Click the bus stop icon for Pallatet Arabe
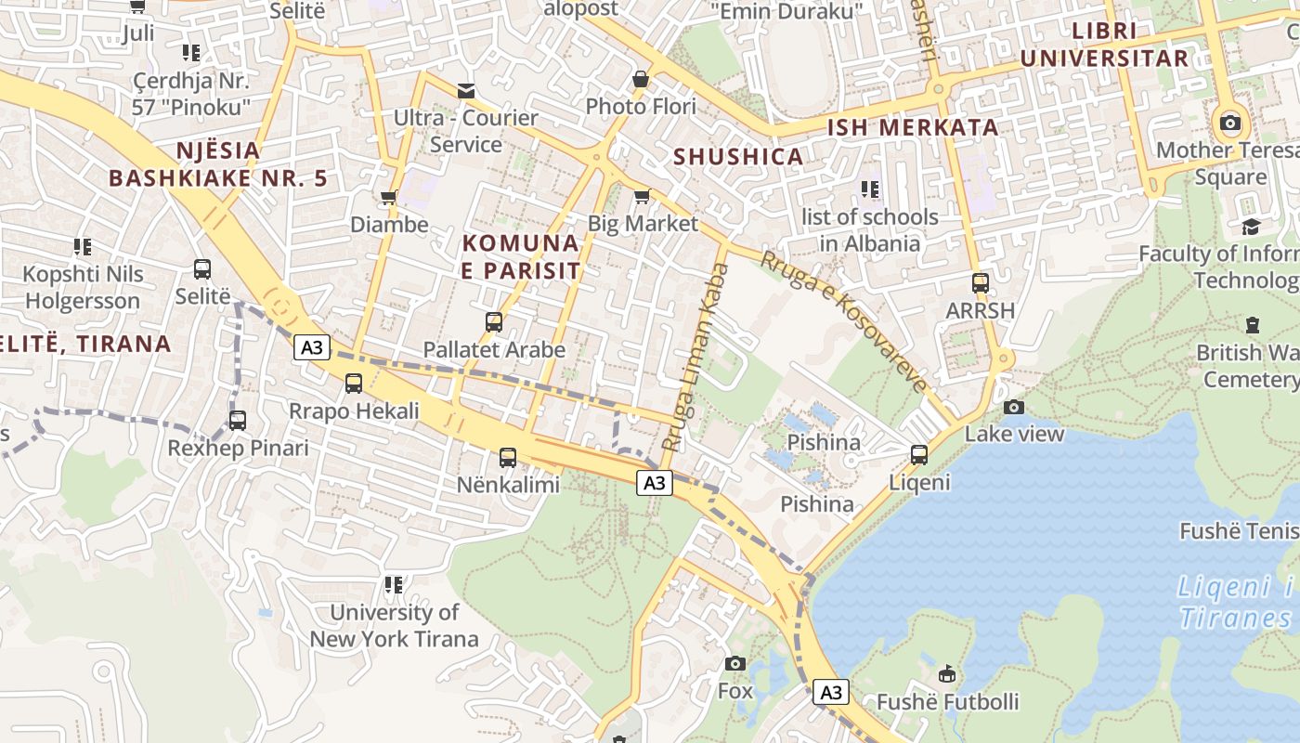[494, 322]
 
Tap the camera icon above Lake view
[1014, 407]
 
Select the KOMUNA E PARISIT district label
[521, 257]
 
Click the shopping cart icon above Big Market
[642, 197]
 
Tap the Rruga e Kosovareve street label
[844, 321]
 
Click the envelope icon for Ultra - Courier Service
[465, 91]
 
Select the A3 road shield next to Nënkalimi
[655, 482]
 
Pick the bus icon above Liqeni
[919, 454]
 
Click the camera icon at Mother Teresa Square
[1230, 123]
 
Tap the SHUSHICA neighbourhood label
[738, 157]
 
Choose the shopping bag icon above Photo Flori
[641, 80]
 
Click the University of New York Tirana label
[395, 625]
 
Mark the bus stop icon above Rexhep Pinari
[238, 420]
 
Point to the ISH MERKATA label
[913, 128]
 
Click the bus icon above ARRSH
[980, 283]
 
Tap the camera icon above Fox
[735, 663]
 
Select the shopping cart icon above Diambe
[388, 197]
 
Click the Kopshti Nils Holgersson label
[83, 287]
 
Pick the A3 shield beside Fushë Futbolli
[831, 692]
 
